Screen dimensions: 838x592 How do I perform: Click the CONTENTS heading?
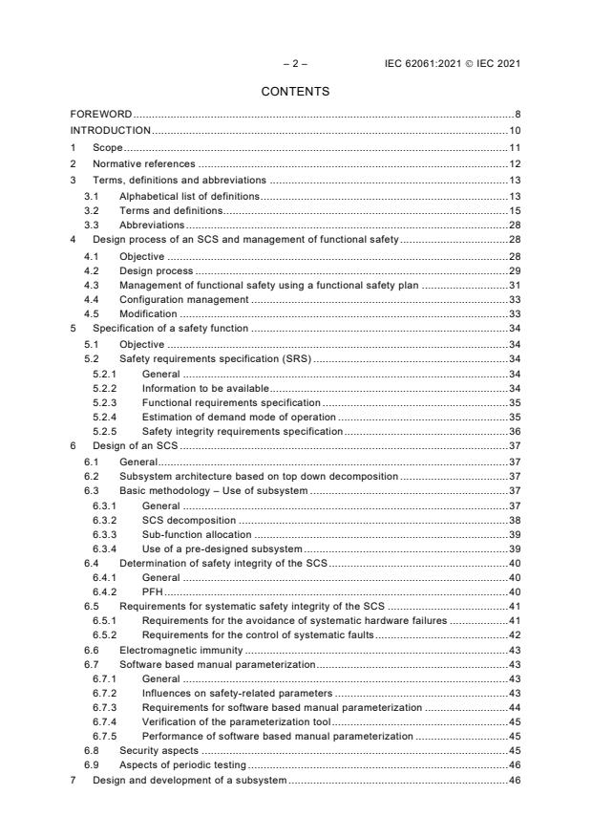[295, 92]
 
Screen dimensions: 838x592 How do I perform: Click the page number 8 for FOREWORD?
[517, 115]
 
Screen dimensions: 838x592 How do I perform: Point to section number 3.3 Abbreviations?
[92, 224]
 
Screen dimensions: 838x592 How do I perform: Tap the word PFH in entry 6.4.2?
[152, 591]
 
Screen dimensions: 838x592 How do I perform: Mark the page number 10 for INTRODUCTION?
[514, 130]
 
